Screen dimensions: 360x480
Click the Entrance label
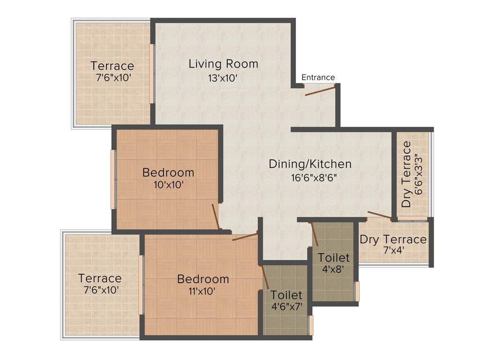[x=318, y=77]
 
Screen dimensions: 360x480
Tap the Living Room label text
[x=223, y=64]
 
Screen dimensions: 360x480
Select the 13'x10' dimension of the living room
[x=223, y=78]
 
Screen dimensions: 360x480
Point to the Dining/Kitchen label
[x=310, y=164]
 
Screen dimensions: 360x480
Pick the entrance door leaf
[x=320, y=90]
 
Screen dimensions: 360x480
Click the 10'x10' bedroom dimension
[x=168, y=185]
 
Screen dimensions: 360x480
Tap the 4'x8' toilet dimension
[x=333, y=270]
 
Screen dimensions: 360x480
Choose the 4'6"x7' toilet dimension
[x=286, y=307]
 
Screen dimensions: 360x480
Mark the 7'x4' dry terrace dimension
[x=393, y=251]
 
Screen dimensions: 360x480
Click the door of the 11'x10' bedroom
[x=245, y=236]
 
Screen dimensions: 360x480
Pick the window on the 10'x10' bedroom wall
[x=113, y=180]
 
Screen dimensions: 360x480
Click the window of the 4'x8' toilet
[x=357, y=291]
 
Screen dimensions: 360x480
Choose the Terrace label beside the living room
[x=112, y=66]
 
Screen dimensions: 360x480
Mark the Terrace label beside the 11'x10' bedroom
[x=100, y=278]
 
